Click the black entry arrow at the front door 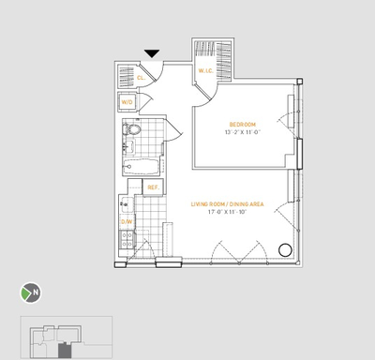pos(153,54)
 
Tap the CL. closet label pos(141,78)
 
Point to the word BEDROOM pos(242,123)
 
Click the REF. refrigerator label pos(154,187)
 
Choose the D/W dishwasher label pos(126,222)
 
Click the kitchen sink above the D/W pos(126,203)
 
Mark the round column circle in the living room pos(284,250)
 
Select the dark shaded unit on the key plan pos(64,351)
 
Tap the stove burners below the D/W pos(126,241)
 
